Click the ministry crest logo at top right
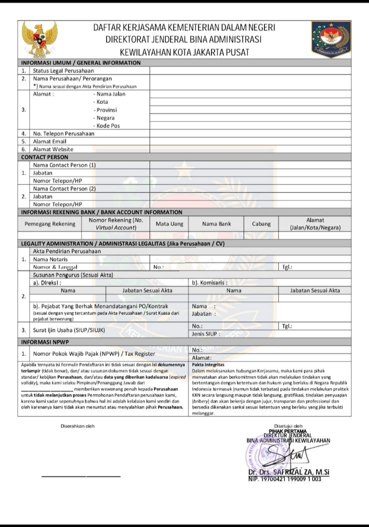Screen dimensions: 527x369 (330, 39)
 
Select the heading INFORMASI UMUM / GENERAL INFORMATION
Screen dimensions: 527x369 (80, 63)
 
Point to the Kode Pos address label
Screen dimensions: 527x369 (108, 126)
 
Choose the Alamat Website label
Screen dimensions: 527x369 (53, 149)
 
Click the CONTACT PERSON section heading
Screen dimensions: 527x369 (44, 157)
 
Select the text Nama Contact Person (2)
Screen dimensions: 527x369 (64, 188)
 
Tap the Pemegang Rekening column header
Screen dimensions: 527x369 (51, 224)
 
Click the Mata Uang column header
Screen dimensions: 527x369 (169, 224)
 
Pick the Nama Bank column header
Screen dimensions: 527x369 (216, 224)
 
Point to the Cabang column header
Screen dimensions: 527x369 (261, 224)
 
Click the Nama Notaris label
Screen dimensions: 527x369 (51, 259)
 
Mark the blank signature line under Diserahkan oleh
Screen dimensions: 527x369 (81, 476)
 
